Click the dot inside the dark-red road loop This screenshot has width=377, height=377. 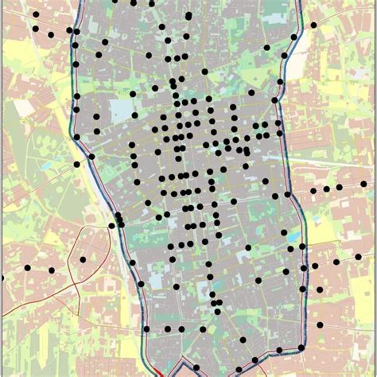83,259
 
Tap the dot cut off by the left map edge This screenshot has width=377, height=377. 2,278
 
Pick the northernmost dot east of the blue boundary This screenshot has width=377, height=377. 313,25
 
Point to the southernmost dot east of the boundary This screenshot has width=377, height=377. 319,325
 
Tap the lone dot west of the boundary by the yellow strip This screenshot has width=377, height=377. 76,165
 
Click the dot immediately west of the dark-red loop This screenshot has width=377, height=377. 52,270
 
